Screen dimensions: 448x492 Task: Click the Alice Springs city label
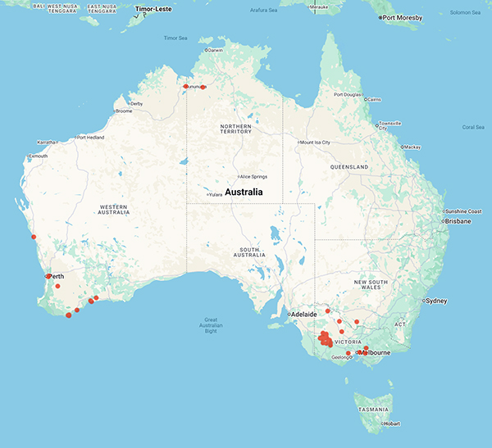[x=253, y=176]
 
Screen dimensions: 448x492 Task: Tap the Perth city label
[x=57, y=276]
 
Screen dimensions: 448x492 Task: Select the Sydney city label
[x=435, y=301]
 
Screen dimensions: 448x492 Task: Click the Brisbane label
[x=456, y=221]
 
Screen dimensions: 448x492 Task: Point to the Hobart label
[x=390, y=423]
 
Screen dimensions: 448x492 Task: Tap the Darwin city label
[x=216, y=50]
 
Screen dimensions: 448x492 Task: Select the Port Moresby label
[x=407, y=17]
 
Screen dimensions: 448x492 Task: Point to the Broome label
[x=124, y=111]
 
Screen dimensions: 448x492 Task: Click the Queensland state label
[x=349, y=166]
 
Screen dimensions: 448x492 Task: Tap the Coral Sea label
[x=473, y=127]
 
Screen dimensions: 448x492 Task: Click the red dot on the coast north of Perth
[x=34, y=237]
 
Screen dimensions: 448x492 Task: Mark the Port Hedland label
[x=92, y=138]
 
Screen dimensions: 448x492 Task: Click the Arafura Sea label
[x=279, y=10]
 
